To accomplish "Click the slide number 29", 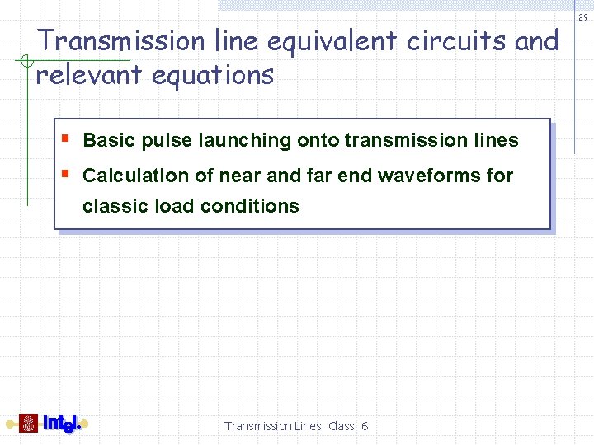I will pyautogui.click(x=583, y=17).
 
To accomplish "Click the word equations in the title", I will pyautogui.click(x=213, y=75).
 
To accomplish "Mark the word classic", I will pyautogui.click(x=115, y=206).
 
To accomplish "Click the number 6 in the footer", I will pyautogui.click(x=365, y=426).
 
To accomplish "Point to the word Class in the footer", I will pyautogui.click(x=341, y=426).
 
